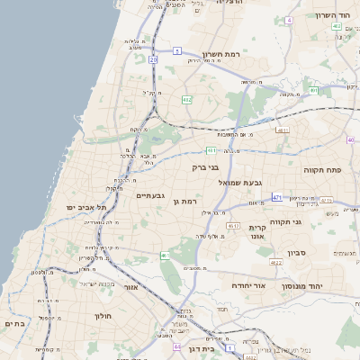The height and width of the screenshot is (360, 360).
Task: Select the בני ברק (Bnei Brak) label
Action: (206, 167)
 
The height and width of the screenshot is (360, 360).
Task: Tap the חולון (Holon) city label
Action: (101, 317)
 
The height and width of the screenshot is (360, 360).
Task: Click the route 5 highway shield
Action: (178, 51)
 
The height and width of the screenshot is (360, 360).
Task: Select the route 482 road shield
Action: (186, 100)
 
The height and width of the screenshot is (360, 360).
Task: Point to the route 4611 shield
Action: (283, 131)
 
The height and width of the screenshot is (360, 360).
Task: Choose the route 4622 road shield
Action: (275, 263)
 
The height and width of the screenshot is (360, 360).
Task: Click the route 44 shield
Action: (177, 346)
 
